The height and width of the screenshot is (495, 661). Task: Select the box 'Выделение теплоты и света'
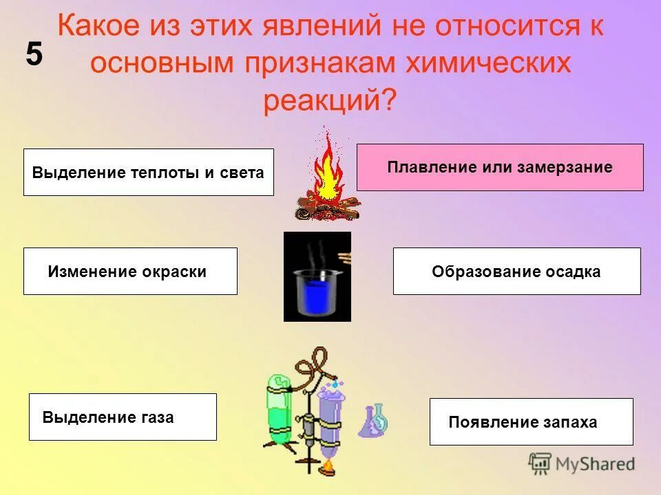pyautogui.click(x=148, y=172)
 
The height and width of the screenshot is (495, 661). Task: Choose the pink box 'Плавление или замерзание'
pyautogui.click(x=500, y=167)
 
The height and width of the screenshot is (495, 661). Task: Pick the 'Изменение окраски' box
pyautogui.click(x=130, y=272)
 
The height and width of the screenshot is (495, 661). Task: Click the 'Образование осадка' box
pyautogui.click(x=516, y=272)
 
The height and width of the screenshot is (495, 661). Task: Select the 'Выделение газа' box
pyautogui.click(x=123, y=417)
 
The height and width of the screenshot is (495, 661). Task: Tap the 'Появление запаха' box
pyautogui.click(x=531, y=422)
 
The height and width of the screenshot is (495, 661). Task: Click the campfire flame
pyautogui.click(x=327, y=168)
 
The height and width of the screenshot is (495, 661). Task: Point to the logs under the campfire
pyautogui.click(x=327, y=208)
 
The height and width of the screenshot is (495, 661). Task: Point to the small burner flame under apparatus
pyautogui.click(x=328, y=468)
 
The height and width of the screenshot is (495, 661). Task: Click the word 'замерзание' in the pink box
pyautogui.click(x=569, y=167)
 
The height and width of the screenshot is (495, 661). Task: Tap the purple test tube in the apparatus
pyautogui.click(x=328, y=419)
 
